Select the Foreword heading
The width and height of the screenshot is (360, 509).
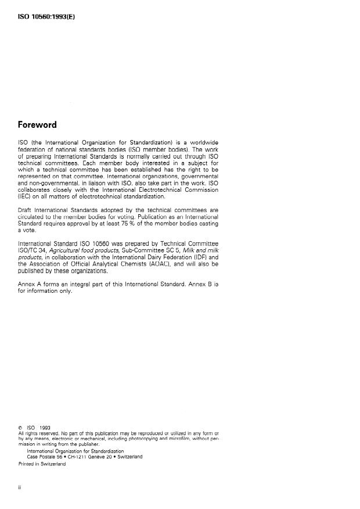tap(37, 124)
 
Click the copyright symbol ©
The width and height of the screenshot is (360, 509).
tap(20, 428)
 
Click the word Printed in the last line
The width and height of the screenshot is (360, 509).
tap(27, 463)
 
